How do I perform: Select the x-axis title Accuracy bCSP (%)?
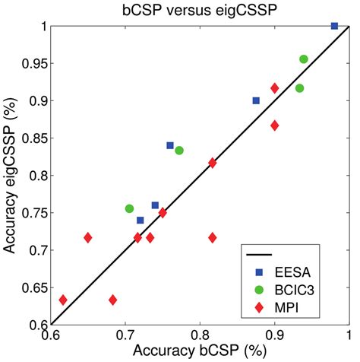[x=199, y=352]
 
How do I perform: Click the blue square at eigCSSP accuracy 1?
[x=334, y=26]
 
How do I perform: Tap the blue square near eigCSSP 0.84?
[x=170, y=145]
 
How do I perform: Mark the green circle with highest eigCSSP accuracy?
[x=304, y=59]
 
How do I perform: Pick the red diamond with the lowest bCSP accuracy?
[x=63, y=300]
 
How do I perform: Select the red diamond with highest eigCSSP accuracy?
[x=274, y=88]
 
